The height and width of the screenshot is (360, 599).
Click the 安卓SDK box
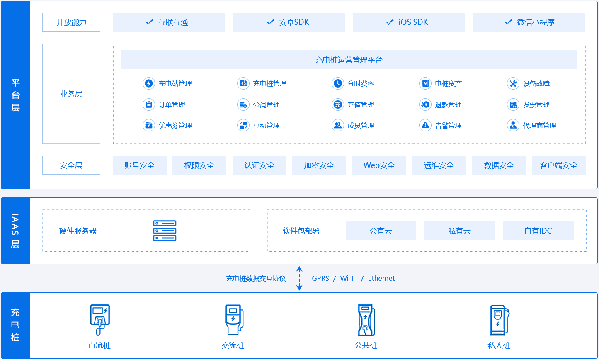289,22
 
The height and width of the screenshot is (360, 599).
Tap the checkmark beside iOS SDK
390,22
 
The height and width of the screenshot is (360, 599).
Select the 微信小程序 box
529,22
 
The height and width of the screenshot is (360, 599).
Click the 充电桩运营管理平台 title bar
349,60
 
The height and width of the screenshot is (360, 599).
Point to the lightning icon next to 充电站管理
149,83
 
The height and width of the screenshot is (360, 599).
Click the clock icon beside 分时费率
338,83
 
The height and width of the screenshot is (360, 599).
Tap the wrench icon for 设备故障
513,83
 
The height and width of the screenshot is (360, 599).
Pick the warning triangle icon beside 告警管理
425,125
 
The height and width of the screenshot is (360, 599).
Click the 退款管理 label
448,105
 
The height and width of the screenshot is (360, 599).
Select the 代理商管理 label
539,125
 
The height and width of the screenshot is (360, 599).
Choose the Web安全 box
379,165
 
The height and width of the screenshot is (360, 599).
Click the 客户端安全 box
559,165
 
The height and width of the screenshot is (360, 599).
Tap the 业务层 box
71,94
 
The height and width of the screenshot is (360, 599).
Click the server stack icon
165,231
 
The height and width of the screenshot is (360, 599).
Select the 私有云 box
459,231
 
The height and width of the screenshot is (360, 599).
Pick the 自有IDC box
538,231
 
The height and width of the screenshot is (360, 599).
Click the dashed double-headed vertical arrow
299,278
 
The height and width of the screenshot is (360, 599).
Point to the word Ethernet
381,278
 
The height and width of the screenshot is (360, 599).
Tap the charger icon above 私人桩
499,320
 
